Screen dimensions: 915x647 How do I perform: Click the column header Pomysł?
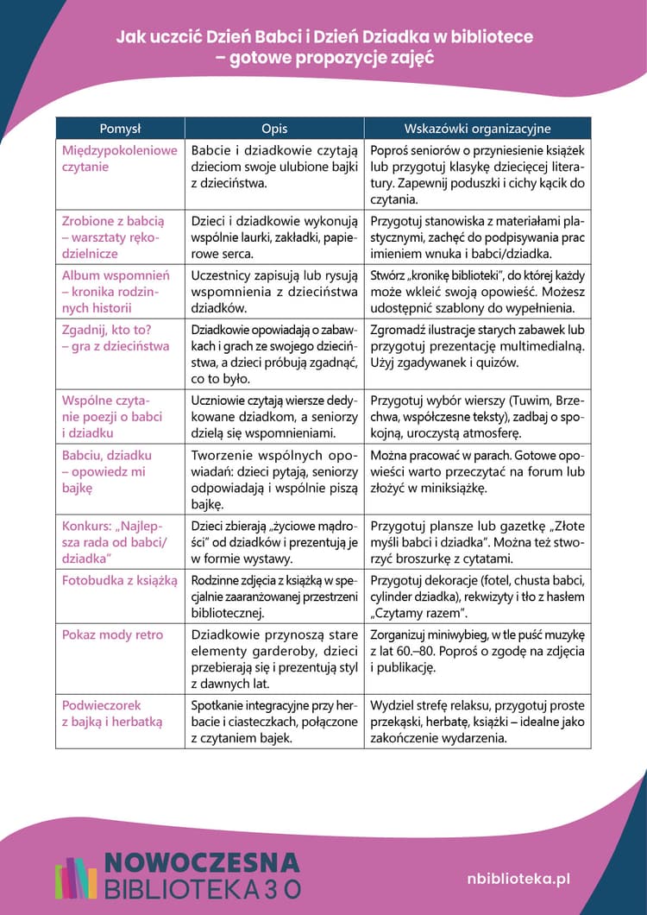point(120,129)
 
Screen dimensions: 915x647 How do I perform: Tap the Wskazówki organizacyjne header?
point(477,129)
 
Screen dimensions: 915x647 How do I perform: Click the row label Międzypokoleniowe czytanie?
point(119,158)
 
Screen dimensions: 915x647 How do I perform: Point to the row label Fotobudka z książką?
point(119,580)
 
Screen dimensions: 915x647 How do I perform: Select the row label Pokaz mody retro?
point(112,634)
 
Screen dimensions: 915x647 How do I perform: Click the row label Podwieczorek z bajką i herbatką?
point(112,713)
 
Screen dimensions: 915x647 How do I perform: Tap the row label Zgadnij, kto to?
point(116,338)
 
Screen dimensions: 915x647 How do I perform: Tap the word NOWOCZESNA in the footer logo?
point(202,862)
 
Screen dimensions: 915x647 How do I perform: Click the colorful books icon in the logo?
point(77,877)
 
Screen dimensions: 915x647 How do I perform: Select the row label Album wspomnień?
point(116,291)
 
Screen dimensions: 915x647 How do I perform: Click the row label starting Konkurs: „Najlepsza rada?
point(115,541)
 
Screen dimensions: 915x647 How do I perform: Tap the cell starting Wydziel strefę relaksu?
point(477,722)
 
